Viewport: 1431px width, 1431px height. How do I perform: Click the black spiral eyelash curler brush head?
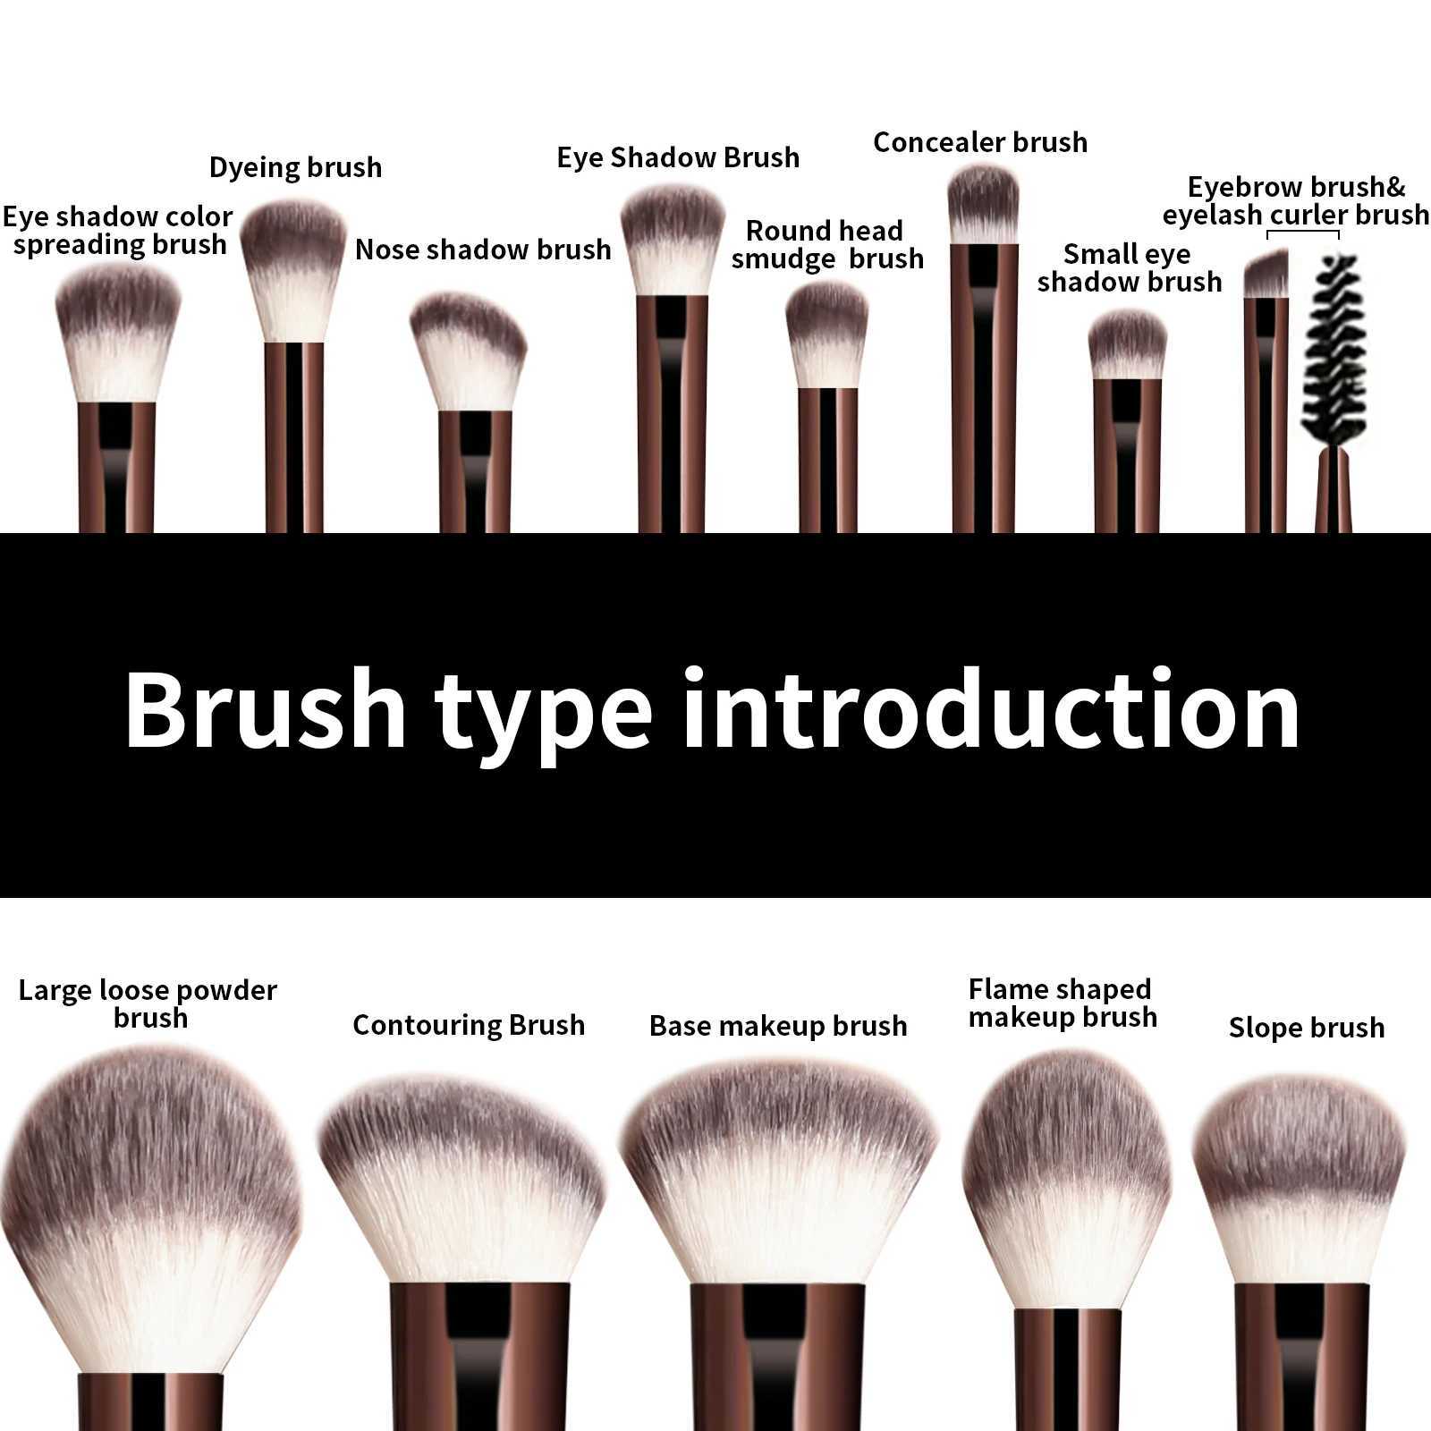[x=1334, y=349]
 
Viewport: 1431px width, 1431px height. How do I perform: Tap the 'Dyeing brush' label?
[x=295, y=167]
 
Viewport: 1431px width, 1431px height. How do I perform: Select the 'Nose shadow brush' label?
[x=483, y=250]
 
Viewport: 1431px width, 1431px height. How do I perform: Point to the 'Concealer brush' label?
[x=980, y=142]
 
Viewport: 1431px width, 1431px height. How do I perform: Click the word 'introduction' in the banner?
[x=990, y=711]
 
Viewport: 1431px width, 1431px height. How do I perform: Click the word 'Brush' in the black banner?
[x=265, y=711]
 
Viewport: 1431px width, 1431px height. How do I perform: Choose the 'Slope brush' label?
[x=1306, y=1028]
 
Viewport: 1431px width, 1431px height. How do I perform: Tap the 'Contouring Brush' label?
[x=469, y=1025]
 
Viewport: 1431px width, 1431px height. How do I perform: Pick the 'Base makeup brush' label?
[x=778, y=1026]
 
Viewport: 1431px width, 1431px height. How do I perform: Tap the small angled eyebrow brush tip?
[x=1266, y=275]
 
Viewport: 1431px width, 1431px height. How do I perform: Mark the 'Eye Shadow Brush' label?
[x=678, y=157]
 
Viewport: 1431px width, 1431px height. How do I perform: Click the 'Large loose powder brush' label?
[x=148, y=1003]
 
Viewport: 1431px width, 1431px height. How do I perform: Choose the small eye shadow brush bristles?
[x=1127, y=345]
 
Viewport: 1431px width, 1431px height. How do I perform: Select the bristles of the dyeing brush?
[x=293, y=268]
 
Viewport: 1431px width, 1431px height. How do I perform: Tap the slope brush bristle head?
[x=1300, y=1181]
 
